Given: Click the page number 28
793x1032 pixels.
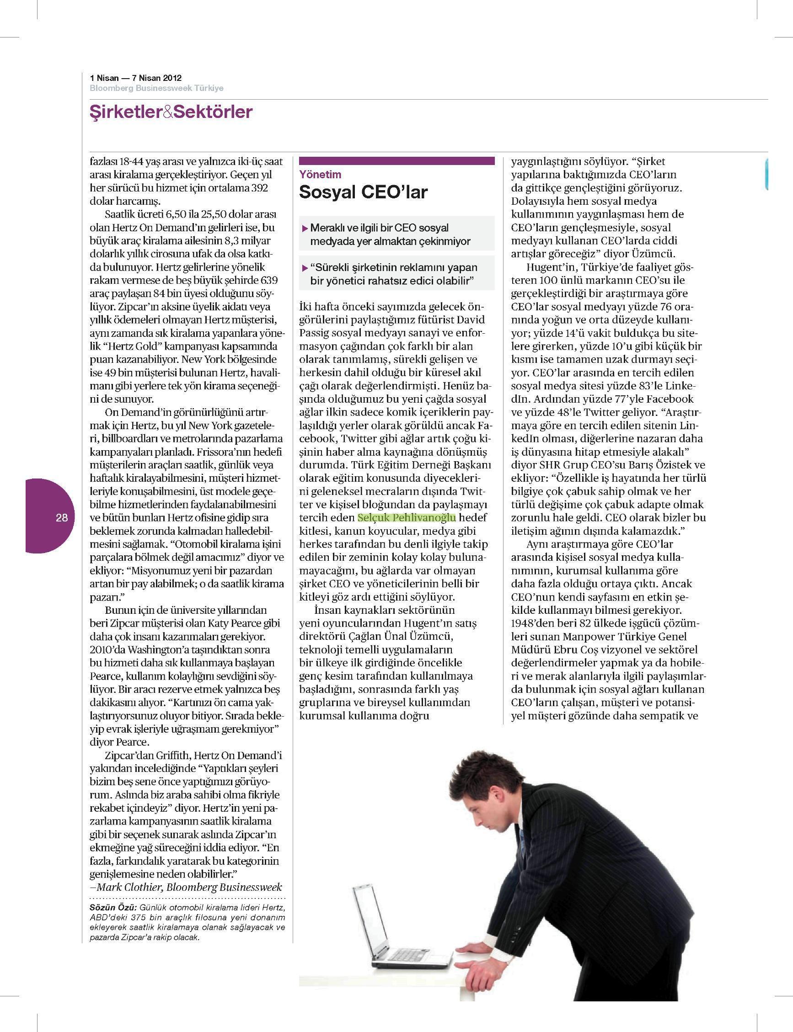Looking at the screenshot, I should coord(62,517).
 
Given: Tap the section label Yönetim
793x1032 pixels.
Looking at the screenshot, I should coord(320,175).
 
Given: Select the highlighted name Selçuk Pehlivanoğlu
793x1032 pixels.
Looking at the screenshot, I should coord(407,517).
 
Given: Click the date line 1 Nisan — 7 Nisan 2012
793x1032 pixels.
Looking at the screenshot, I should coord(136,78).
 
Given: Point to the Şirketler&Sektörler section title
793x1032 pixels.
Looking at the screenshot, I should coord(171,112).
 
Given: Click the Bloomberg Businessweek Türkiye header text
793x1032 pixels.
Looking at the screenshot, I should coord(157,88).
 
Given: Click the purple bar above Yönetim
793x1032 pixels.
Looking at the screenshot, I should coord(396,161).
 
